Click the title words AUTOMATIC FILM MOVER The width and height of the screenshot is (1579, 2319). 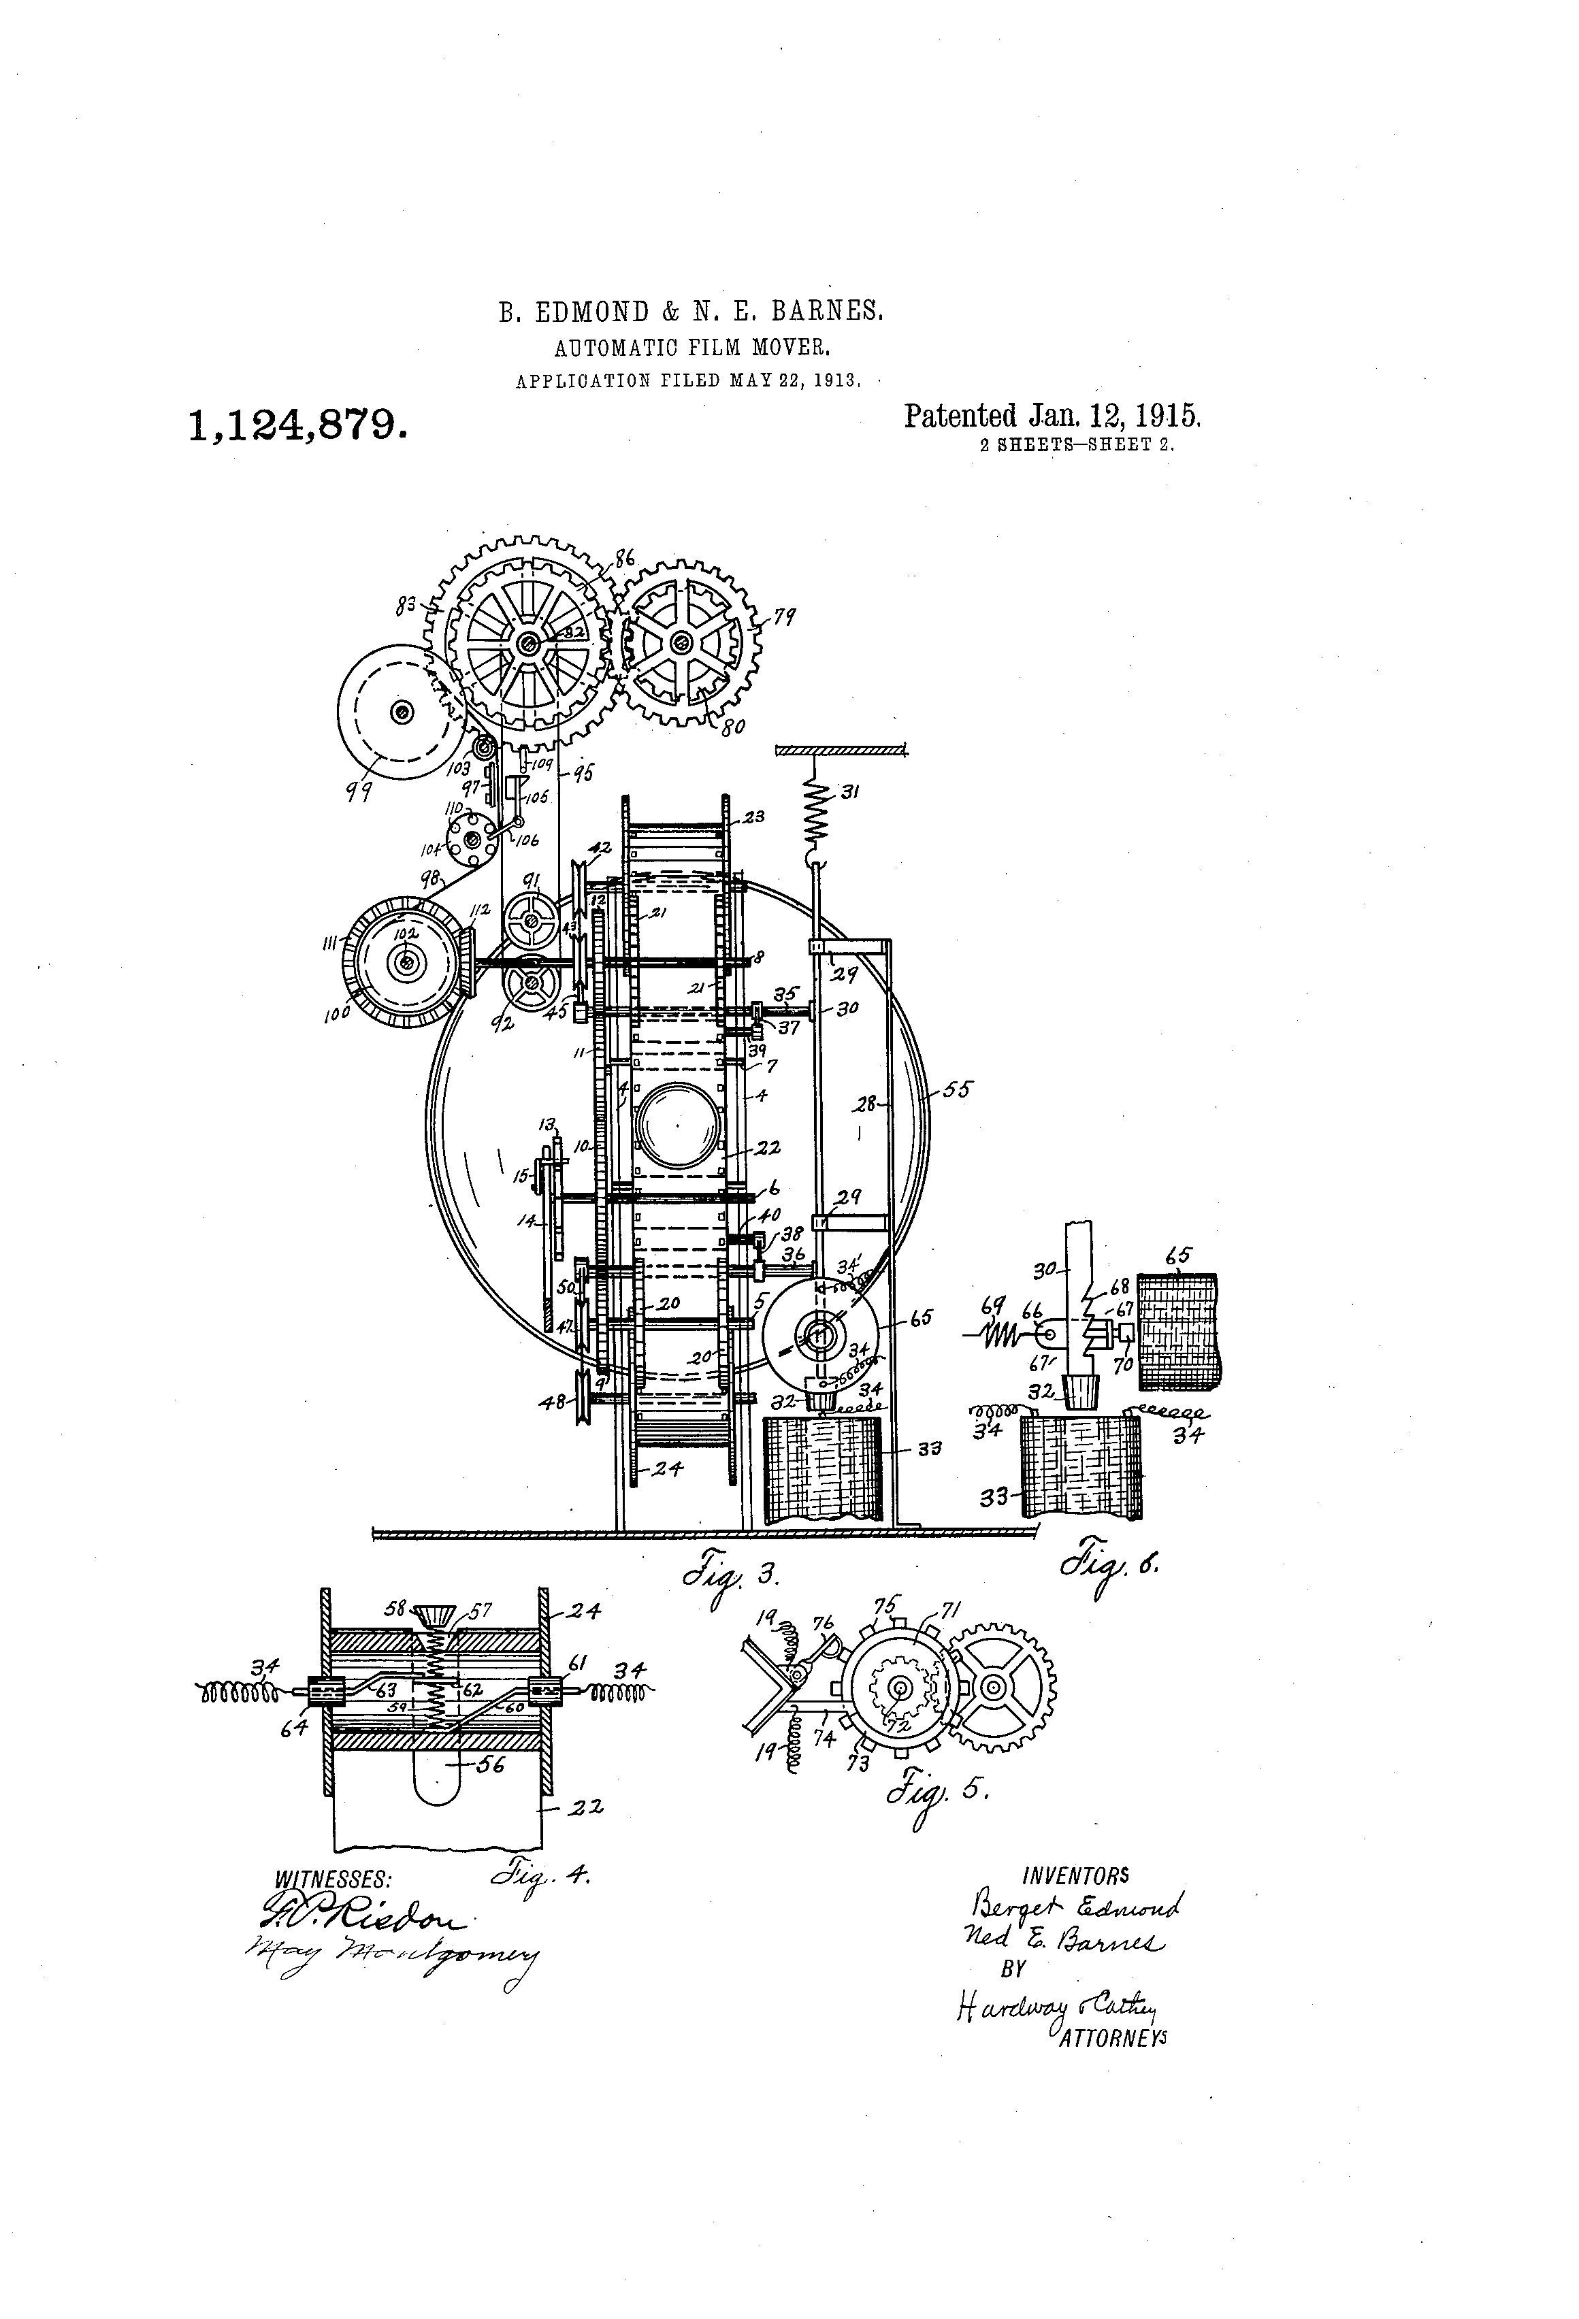point(693,348)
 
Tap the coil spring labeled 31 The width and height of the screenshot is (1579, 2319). point(817,810)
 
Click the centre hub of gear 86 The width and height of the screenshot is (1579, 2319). point(525,644)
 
